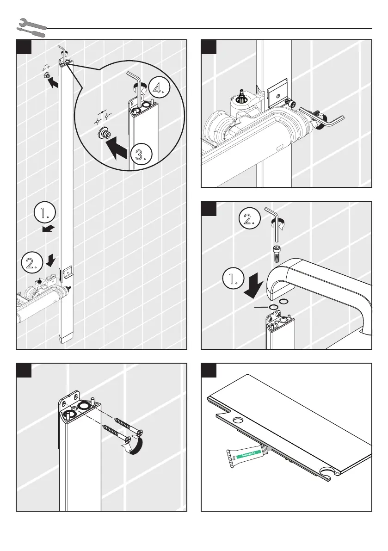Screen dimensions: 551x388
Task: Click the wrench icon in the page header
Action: click(31, 27)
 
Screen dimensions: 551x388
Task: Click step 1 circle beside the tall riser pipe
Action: click(45, 214)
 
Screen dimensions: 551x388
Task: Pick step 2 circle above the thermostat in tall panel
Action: click(32, 263)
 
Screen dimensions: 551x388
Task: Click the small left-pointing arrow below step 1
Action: click(48, 228)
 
